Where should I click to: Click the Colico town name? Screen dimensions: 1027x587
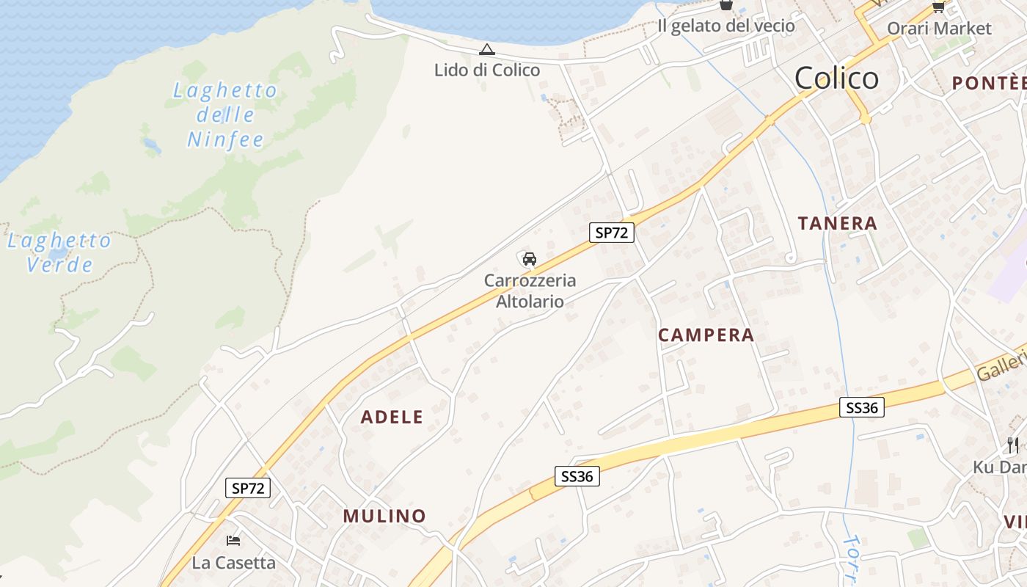pos(836,78)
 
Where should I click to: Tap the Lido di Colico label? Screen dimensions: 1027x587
pos(487,70)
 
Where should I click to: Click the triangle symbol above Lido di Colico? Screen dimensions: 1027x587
pos(486,50)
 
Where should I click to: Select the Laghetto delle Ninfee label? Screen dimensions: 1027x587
pos(225,115)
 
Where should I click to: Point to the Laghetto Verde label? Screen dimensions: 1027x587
pos(59,252)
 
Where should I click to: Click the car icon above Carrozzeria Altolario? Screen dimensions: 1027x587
pos(530,259)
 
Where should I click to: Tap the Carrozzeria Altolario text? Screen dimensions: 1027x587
pos(530,291)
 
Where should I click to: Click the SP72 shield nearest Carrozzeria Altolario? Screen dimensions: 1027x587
pos(611,233)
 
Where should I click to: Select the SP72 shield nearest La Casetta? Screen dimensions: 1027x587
pos(248,488)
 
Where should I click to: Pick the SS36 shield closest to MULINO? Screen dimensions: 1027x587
pos(577,476)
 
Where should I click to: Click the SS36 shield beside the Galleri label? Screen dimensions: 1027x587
pos(862,408)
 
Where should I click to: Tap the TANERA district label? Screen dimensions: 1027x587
pos(837,224)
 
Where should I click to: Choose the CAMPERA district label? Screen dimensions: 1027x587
pos(706,335)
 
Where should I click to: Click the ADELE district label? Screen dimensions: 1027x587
pos(392,418)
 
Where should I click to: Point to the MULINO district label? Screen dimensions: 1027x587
pos(384,516)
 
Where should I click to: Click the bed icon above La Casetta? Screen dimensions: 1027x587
pos(233,541)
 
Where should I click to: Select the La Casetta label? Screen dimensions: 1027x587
pos(233,563)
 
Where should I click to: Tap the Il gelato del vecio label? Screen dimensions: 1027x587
pos(726,26)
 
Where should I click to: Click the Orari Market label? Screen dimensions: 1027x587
pos(939,29)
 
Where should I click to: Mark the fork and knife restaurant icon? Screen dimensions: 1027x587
pos(1013,445)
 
